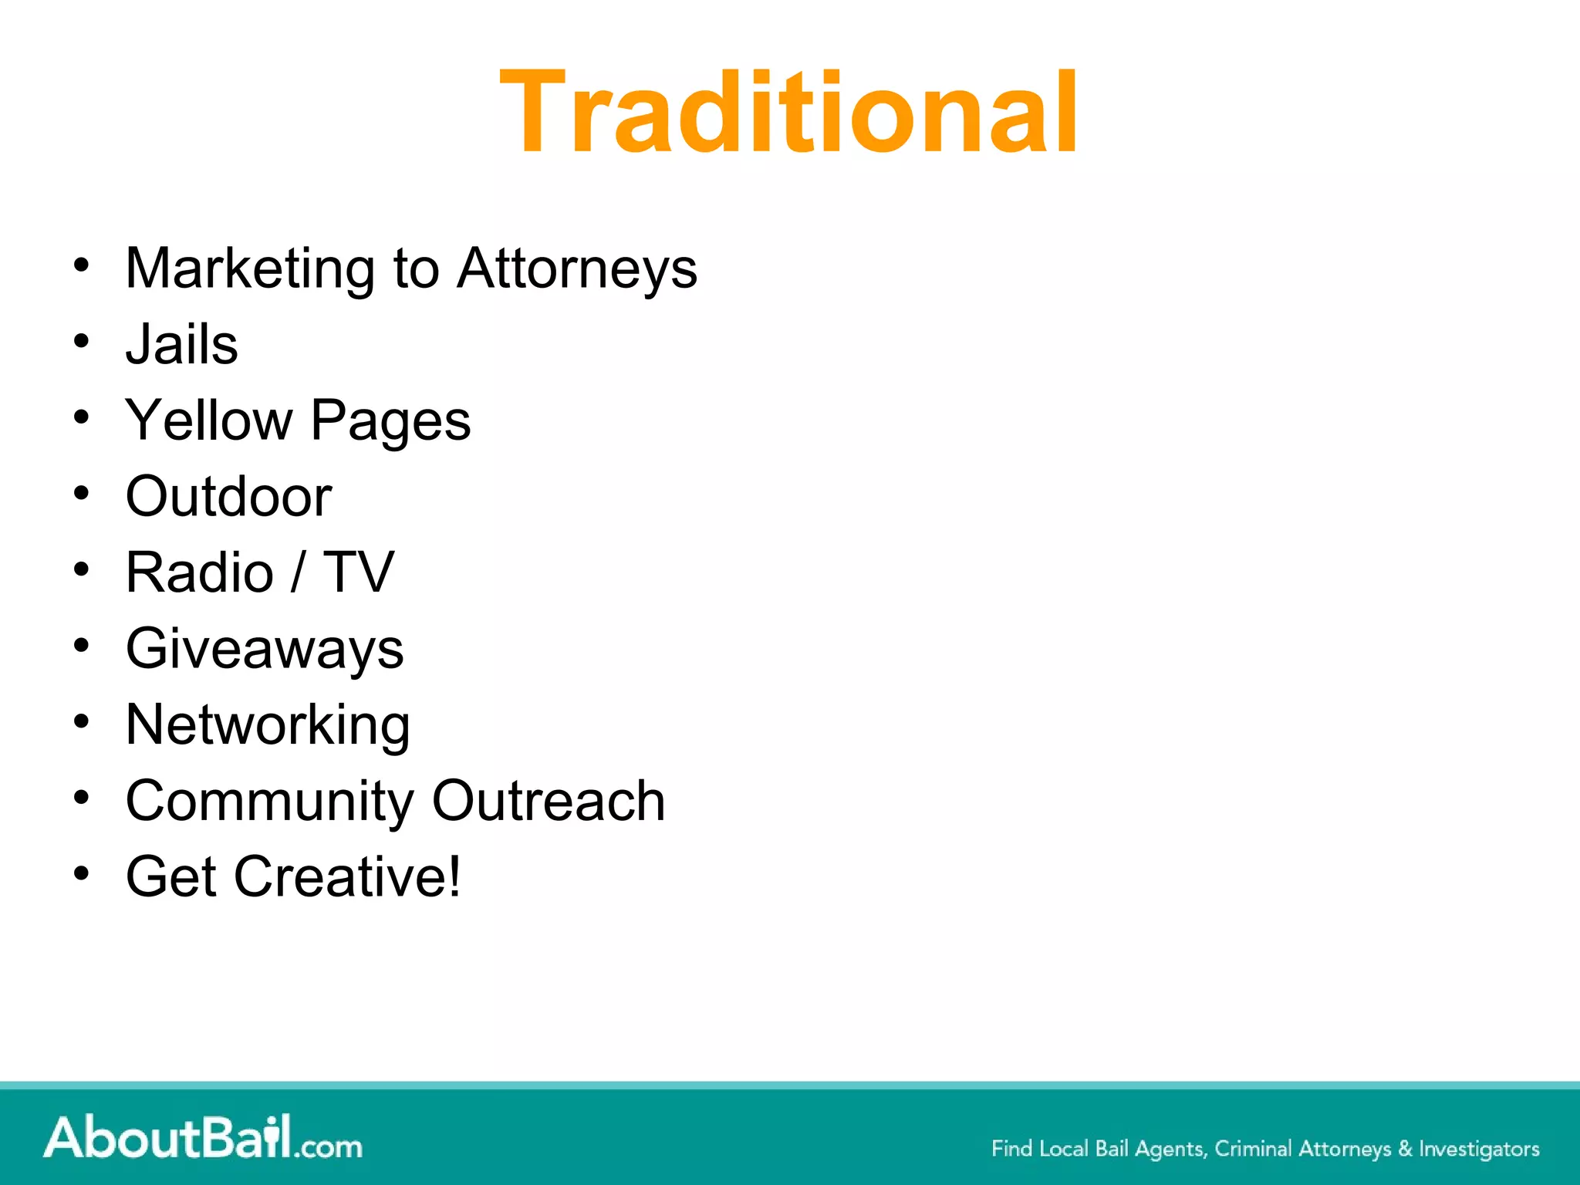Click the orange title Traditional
point(788,113)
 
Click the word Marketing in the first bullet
point(250,268)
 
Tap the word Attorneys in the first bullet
point(577,268)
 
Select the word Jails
point(182,344)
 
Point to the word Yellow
point(209,420)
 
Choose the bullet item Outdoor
point(228,496)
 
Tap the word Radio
point(200,572)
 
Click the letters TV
point(359,572)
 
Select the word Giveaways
point(265,649)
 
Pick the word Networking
point(268,725)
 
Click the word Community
point(269,802)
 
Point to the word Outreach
point(549,801)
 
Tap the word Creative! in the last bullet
point(347,877)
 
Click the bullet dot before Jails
point(82,340)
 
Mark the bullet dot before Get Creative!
point(82,873)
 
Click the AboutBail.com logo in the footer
point(203,1138)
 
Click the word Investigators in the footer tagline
point(1479,1149)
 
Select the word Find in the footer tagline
point(1011,1149)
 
